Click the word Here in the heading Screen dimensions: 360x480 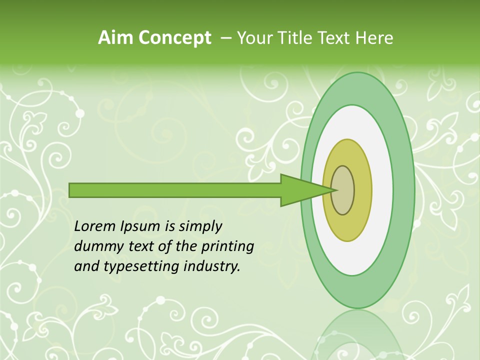(374, 38)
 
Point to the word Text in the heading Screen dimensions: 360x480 (336, 38)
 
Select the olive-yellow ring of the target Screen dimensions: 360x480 (362, 190)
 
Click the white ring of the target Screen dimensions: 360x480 (383, 190)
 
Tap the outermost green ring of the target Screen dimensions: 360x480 (406, 190)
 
